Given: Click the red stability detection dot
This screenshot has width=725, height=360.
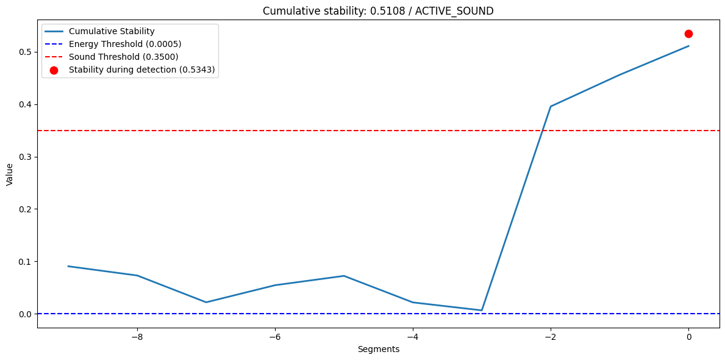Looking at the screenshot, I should (688, 34).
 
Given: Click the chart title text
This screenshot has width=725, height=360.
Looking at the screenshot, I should (378, 11).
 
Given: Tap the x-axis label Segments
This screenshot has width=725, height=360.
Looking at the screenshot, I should (378, 349).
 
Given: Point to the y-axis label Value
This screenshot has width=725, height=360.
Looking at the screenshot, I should (10, 174).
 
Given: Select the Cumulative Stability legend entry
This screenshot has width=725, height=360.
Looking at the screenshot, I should (111, 31).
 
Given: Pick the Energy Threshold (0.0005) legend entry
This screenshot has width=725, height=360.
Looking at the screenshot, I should (125, 44).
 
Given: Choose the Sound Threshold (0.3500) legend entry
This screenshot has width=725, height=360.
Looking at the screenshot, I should (123, 57).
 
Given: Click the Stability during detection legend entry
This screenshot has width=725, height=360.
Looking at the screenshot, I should (141, 70).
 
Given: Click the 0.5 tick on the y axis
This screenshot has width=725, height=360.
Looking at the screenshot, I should (25, 52).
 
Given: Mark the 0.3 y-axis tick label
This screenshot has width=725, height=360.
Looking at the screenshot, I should (25, 157).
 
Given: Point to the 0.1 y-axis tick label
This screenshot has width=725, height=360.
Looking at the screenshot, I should (25, 262).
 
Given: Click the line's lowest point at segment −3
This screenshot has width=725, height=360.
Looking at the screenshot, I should (482, 310).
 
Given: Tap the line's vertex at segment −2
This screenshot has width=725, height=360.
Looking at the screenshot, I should (551, 107).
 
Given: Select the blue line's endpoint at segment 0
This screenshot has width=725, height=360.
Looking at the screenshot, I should (688, 46).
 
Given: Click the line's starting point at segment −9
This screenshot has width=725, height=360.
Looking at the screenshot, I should (68, 266).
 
